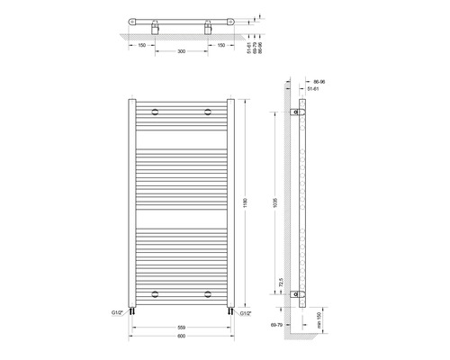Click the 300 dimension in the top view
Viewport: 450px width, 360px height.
[x=183, y=53]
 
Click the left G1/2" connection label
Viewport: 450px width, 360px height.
[x=118, y=312]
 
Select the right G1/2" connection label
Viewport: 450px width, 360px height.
[x=247, y=312]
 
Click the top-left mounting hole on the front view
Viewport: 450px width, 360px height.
[x=157, y=112]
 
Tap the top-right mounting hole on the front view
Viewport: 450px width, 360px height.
[x=208, y=112]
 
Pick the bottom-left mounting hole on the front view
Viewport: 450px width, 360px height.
[x=157, y=292]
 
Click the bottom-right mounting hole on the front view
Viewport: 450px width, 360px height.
[x=208, y=292]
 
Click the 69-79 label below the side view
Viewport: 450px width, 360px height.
[x=282, y=344]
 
